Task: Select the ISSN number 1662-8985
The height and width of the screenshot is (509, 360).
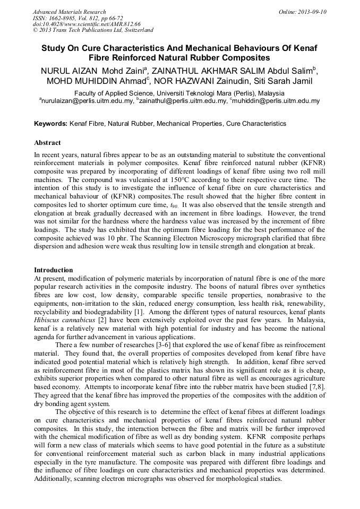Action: [58, 18]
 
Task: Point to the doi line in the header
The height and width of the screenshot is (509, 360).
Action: [87, 24]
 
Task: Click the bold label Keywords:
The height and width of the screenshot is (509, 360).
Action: [50, 124]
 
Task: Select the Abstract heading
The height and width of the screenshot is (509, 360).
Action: [48, 143]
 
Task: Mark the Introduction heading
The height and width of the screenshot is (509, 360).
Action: [53, 270]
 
